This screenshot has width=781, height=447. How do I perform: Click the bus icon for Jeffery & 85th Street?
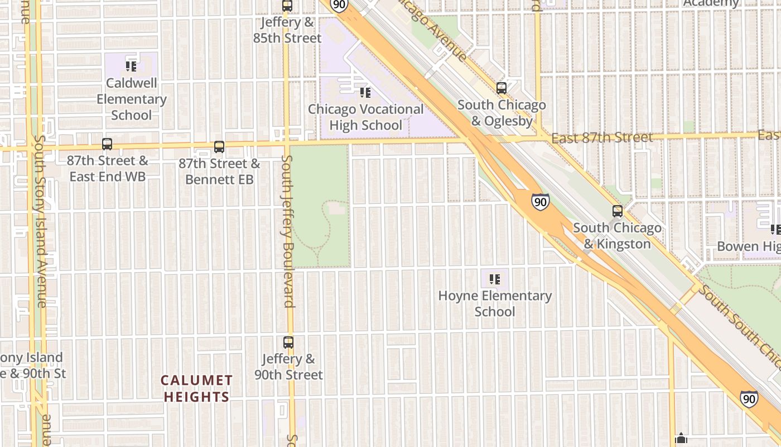coord(287,6)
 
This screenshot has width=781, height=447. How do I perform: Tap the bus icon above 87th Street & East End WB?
coord(107,144)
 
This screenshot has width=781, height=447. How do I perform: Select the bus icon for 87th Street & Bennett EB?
coord(219,147)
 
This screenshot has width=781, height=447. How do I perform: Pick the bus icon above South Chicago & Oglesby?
coord(502,88)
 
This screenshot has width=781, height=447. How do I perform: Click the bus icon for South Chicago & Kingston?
coord(618,211)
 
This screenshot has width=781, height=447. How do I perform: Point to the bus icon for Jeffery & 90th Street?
coord(288,343)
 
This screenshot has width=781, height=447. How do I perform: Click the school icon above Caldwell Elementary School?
coord(131,66)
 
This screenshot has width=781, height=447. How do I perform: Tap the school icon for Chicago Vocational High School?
coord(365,92)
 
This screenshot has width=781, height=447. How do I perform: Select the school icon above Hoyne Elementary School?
coord(495,279)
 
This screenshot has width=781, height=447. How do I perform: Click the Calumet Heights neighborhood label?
coord(196,389)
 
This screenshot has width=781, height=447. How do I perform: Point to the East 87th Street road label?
coord(601,137)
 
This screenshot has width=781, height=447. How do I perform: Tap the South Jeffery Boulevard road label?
coord(288,231)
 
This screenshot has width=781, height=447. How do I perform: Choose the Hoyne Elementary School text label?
coord(495,303)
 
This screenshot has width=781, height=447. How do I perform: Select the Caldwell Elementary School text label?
coord(132,99)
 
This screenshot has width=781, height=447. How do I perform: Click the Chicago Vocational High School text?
coord(366,117)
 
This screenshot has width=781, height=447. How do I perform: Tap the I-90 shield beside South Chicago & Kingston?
coord(540,202)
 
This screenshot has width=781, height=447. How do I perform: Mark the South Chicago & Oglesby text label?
coord(502,112)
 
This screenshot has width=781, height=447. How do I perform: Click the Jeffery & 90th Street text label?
coord(289,367)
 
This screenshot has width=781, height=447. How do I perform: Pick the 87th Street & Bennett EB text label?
coord(219,172)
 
